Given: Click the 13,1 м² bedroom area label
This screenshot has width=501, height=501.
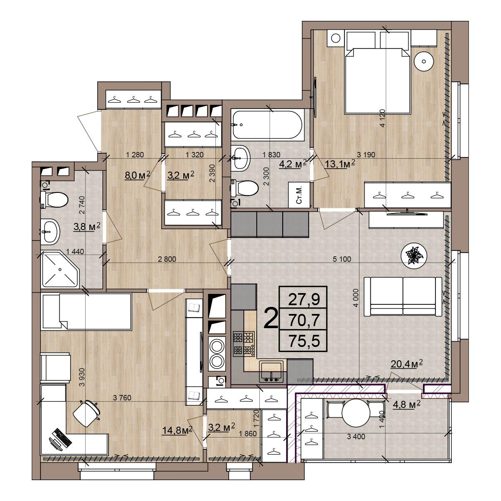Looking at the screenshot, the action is [340, 164].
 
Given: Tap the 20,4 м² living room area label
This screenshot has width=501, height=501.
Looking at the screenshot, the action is [406, 364].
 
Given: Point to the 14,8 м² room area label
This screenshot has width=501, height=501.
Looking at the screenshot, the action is [177, 430].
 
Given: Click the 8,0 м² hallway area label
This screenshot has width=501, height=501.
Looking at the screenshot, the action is [138, 175].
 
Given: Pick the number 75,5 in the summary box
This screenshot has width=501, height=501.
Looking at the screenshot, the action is [304, 341].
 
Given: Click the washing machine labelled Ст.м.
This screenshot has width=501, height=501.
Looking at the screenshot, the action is [299, 195].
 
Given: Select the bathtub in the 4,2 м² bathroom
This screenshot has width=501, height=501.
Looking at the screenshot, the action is [268, 125].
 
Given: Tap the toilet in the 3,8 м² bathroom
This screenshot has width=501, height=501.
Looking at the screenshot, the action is [54, 200].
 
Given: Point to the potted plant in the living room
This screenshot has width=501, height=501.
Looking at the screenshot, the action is [414, 256].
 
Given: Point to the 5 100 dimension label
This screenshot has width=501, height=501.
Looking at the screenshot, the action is [342, 259].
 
